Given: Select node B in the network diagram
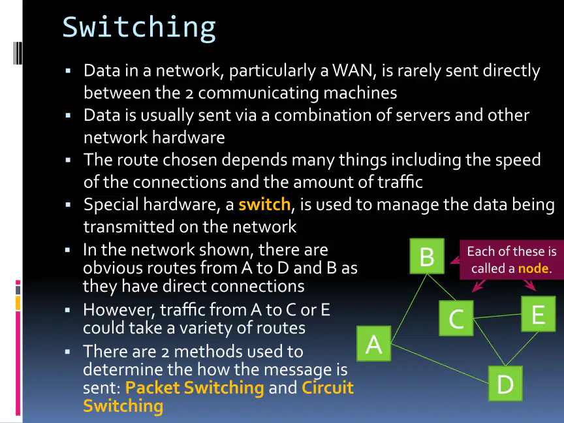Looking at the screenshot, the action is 427,256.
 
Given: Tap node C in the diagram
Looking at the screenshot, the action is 456,319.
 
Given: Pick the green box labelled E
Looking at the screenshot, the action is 539,313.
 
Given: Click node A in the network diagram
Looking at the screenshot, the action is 374,343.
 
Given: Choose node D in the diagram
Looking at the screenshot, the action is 505,383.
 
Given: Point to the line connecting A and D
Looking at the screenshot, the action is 439,364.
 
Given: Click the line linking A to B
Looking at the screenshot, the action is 409,308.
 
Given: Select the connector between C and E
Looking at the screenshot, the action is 497,316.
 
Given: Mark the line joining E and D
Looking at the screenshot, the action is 522,349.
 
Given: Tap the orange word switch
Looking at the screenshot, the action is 264,204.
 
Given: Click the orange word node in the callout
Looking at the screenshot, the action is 533,268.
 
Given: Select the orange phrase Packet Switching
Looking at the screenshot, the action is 195,387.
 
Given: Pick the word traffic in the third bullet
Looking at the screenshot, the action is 400,181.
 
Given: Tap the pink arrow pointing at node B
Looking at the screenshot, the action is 455,260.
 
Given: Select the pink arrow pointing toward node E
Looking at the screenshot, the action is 530,285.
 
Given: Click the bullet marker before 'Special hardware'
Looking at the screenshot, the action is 69,205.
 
